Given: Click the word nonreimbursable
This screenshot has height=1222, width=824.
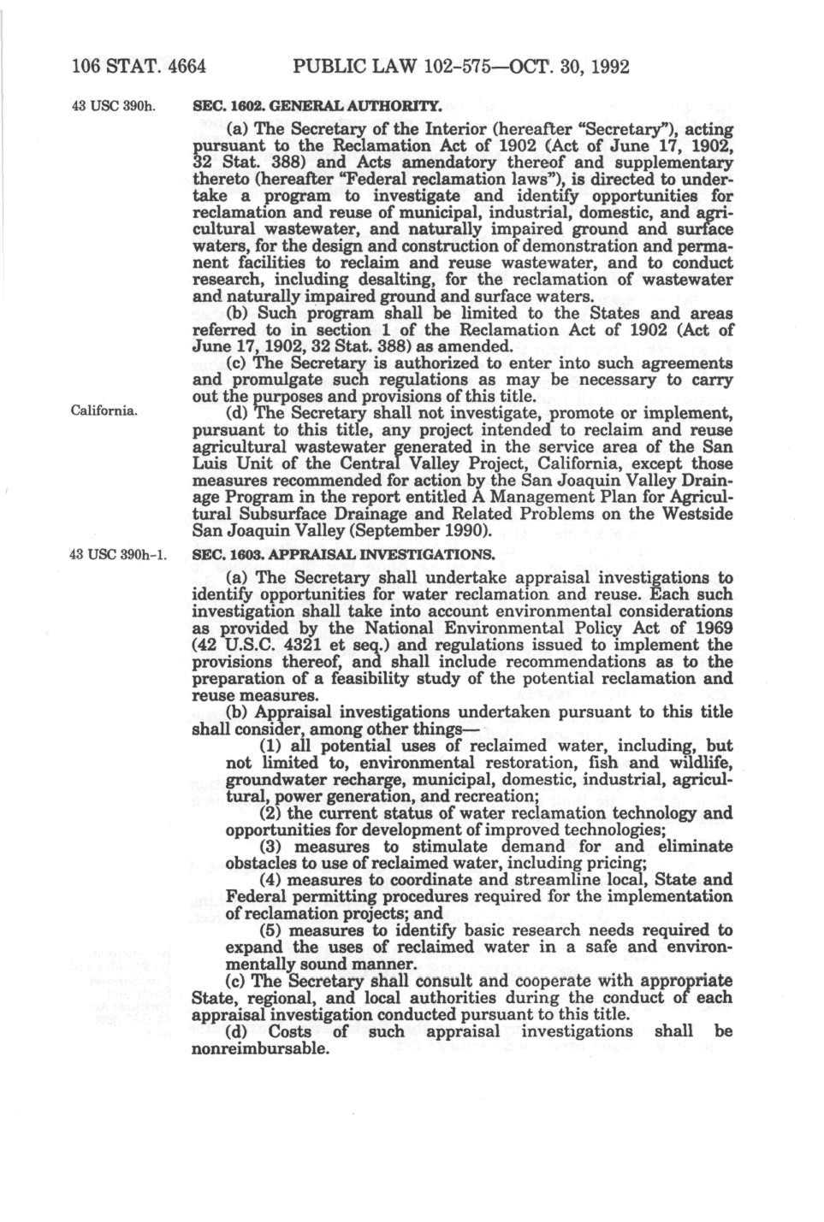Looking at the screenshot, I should point(261,1048).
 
